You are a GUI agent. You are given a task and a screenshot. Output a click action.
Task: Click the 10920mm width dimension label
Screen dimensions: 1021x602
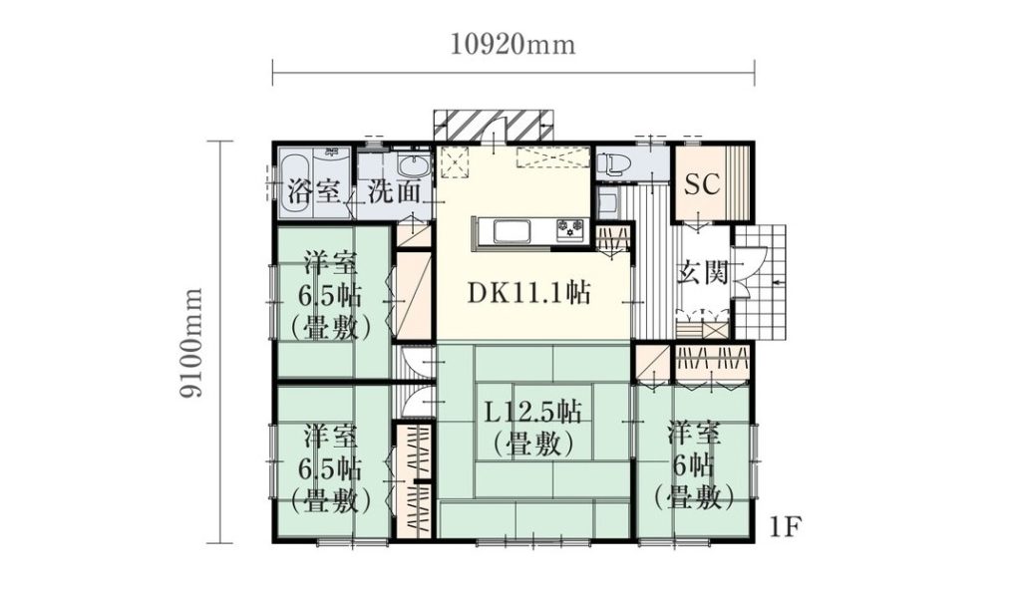513,44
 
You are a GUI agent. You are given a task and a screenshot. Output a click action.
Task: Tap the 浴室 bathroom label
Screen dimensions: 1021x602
314,191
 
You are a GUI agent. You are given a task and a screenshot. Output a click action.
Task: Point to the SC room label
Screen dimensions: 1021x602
702,184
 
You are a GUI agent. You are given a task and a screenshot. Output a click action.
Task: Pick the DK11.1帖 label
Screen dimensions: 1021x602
529,293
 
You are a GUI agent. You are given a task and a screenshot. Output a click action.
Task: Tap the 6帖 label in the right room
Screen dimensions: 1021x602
694,466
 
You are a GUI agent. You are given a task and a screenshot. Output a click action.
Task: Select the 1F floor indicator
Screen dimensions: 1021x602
784,526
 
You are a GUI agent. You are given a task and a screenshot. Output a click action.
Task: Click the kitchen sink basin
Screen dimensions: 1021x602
512,231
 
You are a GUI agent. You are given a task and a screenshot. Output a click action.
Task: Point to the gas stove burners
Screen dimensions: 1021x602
571,229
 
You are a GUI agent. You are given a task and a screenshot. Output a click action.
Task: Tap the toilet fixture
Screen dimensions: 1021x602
610,163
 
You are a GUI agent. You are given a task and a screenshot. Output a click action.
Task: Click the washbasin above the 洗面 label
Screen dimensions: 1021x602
412,166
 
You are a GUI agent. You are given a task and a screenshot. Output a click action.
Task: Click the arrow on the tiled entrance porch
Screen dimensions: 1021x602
778,282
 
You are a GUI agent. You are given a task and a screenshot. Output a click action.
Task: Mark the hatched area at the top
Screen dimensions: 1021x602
494,126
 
